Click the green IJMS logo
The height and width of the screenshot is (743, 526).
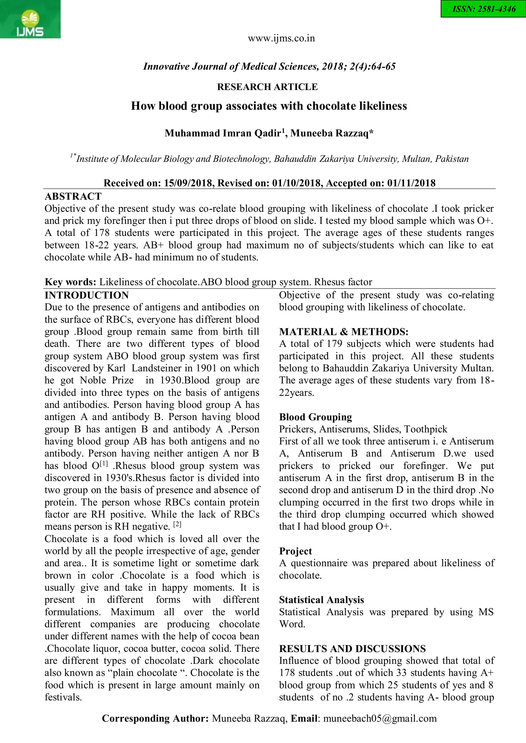pos(30,20)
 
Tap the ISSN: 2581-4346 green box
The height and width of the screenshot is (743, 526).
pos(483,9)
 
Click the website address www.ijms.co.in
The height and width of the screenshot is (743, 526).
pos(281,38)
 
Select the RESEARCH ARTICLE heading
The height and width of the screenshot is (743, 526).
pos(267,87)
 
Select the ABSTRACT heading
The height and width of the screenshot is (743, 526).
pos(73,196)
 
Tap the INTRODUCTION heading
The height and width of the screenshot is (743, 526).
pos(87,295)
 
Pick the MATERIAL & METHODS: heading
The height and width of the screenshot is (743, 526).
pos(343,332)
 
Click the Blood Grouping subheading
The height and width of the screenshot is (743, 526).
pos(315,417)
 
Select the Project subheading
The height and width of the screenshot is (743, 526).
pos(295,551)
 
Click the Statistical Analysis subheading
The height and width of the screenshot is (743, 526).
pos(321,600)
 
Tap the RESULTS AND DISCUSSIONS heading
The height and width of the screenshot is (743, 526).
pos(352,649)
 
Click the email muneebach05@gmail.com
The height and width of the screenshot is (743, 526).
pos(380,718)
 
